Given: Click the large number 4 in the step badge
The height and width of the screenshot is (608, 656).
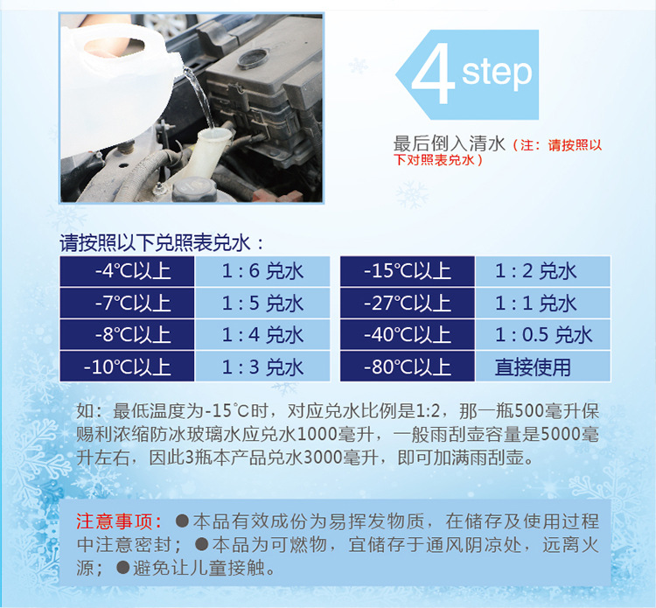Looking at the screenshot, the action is (x=433, y=73).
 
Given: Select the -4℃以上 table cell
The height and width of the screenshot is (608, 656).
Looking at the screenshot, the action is (x=127, y=271).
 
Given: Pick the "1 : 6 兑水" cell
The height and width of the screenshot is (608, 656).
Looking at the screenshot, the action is (x=262, y=271).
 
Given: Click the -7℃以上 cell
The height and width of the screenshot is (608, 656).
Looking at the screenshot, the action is (x=127, y=303).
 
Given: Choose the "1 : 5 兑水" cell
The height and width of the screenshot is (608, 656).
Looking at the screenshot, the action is (x=262, y=303).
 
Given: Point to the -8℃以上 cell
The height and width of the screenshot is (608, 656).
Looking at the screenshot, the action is (x=127, y=335).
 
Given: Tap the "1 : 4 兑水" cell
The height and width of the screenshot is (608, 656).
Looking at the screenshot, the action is (x=262, y=335).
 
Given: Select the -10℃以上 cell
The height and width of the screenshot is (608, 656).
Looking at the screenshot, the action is (x=127, y=367).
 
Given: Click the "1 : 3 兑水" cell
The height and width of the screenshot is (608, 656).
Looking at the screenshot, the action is (x=262, y=367).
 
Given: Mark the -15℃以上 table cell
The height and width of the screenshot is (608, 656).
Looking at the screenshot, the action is (x=408, y=271).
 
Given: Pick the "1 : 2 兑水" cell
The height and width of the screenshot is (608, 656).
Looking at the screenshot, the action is (x=543, y=271).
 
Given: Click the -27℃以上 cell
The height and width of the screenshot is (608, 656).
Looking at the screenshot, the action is (x=408, y=303).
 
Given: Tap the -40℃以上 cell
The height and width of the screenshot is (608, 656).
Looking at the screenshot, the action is (x=408, y=335).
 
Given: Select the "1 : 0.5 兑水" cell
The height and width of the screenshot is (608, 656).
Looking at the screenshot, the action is (x=543, y=335).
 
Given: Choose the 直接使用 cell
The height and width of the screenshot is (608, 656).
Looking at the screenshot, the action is (x=543, y=367).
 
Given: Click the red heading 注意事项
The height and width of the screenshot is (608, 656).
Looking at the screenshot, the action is (x=119, y=521).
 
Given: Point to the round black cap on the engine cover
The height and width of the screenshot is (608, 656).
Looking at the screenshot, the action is (x=253, y=59).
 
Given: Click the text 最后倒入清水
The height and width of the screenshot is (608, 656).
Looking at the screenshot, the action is (x=450, y=144).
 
